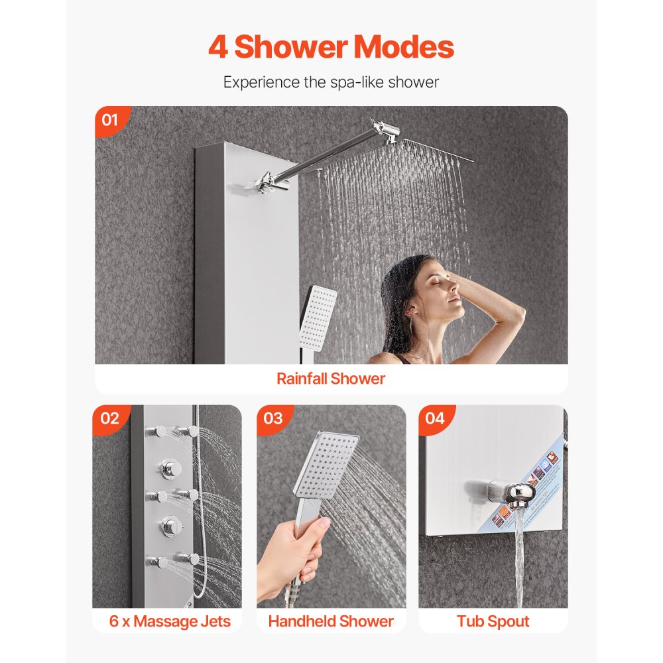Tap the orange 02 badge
click(x=110, y=418)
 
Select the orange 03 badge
click(x=273, y=418)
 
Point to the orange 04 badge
click(x=435, y=418)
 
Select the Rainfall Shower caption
click(x=331, y=379)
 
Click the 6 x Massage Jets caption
click(x=170, y=621)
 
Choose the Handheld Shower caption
click(x=331, y=621)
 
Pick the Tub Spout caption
click(x=493, y=621)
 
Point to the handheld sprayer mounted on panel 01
click(x=317, y=318)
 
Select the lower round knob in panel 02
click(x=167, y=527)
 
